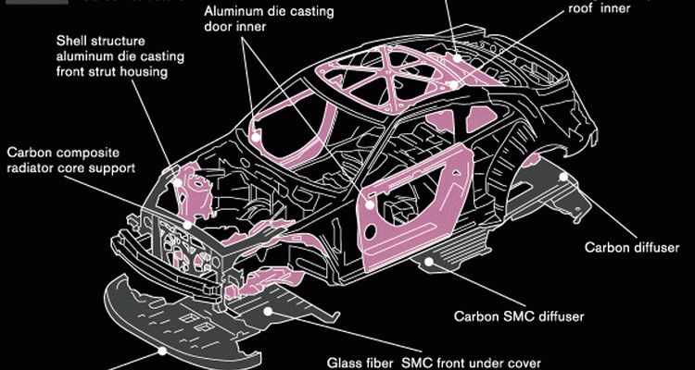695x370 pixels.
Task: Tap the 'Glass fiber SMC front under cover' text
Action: tap(433, 364)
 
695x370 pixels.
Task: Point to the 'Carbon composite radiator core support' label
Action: tap(70, 159)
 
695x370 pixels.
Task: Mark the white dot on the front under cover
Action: tap(164, 351)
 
